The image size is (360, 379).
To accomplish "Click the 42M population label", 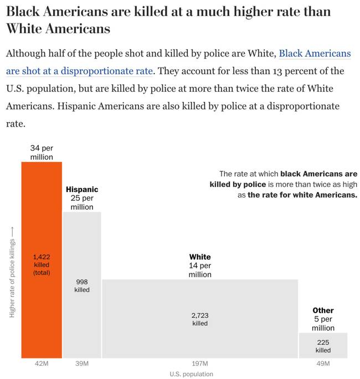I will coord(42,364).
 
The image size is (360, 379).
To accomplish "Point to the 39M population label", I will coord(82,364).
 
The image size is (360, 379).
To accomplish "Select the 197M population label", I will coord(199,364).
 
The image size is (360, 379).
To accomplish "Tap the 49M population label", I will coord(323,364).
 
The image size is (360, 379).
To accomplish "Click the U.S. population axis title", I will coord(191,374).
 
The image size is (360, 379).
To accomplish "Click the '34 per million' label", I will coord(42,153).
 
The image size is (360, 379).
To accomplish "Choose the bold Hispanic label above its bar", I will coord(82,189).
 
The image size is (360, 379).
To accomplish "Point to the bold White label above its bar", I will coord(200,257).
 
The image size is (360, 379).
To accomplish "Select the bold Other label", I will coord(323,310).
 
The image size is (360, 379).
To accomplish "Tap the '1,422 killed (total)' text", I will coord(42,264).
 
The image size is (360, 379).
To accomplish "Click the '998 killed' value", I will coord(82,285).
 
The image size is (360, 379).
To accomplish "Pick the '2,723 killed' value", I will coord(199,319).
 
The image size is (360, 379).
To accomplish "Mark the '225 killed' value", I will coord(323,346).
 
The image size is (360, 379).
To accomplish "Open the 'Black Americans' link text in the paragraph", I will coord(315,54).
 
